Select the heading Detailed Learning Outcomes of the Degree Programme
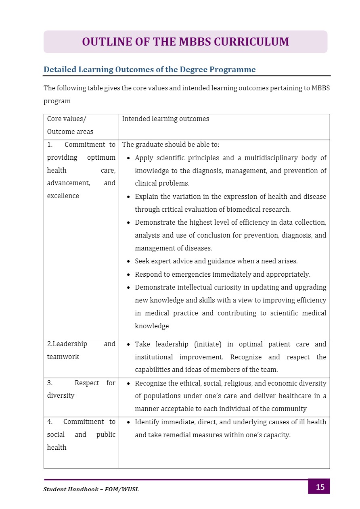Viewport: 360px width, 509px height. (149, 69)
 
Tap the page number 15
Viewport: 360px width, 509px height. (320, 487)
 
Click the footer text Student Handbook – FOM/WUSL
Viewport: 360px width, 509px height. (91, 489)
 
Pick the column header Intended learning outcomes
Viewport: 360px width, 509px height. (165, 119)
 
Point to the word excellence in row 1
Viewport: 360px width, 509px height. (63, 196)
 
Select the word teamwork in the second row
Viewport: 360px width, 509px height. (63, 357)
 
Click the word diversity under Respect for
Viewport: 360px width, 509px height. (61, 396)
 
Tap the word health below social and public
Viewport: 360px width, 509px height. (57, 448)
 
